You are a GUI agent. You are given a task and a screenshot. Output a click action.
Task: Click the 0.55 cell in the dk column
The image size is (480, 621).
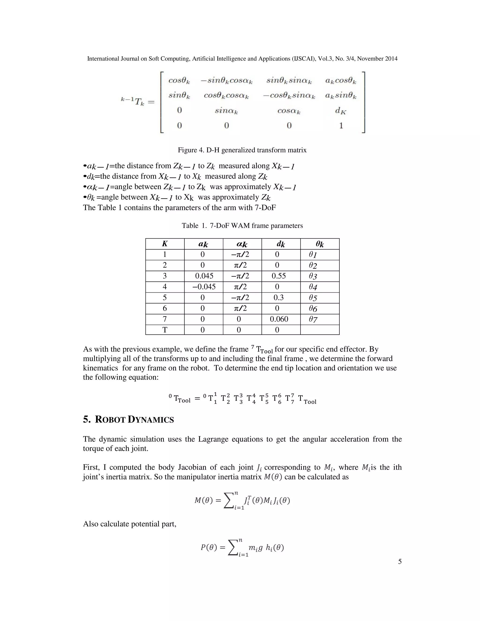click(x=278, y=276)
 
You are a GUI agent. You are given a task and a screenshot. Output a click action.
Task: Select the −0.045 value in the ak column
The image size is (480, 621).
click(x=204, y=287)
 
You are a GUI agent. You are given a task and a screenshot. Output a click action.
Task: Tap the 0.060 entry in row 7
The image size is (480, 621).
click(x=279, y=319)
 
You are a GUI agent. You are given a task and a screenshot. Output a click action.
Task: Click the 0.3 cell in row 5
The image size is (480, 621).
click(x=278, y=297)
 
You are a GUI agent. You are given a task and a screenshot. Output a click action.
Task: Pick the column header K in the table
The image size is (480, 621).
click(x=165, y=244)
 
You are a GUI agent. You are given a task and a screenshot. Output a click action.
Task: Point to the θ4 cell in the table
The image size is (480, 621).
click(x=313, y=287)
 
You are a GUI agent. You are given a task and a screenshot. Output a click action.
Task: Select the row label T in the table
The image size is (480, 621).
click(x=165, y=330)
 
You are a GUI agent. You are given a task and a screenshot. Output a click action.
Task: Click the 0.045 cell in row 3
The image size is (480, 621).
click(x=204, y=276)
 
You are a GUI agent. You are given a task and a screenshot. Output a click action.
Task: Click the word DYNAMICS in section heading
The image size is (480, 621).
click(x=151, y=420)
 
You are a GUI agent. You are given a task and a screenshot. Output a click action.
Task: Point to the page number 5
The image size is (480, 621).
click(x=400, y=561)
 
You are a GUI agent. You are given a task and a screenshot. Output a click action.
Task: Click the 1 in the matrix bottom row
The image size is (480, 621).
click(x=341, y=125)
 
